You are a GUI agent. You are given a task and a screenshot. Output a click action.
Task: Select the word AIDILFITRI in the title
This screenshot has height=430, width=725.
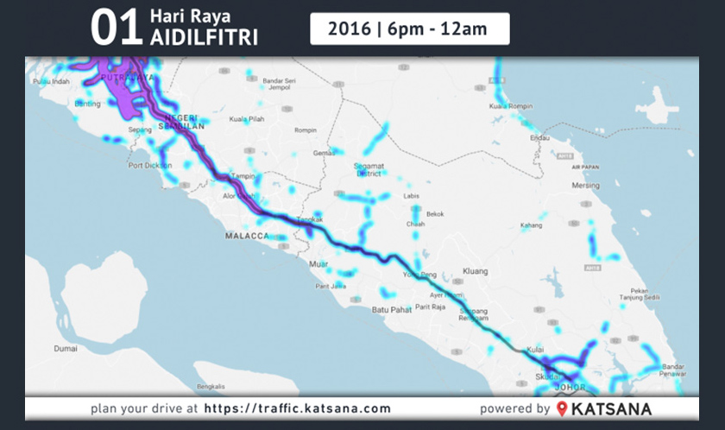click(x=204, y=38)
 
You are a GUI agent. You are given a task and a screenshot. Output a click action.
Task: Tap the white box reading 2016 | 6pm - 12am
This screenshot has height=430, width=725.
click(x=409, y=28)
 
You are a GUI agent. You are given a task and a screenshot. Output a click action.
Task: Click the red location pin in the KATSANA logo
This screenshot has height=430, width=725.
click(x=563, y=408)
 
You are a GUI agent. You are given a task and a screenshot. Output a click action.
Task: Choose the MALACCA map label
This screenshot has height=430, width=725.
click(x=249, y=235)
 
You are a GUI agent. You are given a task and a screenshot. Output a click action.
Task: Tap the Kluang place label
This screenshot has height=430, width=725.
click(x=475, y=271)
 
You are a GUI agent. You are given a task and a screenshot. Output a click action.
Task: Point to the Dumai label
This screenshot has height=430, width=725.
click(x=66, y=349)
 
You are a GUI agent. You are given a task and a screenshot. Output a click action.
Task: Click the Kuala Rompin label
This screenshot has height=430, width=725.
click(x=507, y=106)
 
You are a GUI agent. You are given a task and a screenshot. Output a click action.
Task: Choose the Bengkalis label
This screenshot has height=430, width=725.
click(x=211, y=386)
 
